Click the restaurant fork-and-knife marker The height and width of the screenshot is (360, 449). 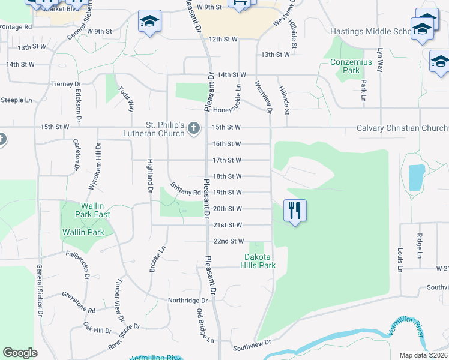pos(294,211)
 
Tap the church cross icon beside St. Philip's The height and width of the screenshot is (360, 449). pos(193,128)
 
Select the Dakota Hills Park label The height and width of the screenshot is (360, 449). pos(259,261)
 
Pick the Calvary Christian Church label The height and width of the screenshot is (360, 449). pos(402,128)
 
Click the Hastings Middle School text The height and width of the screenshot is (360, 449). pos(369,31)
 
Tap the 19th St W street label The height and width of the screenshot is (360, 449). pos(227,193)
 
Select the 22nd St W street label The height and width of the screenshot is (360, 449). pos(229,241)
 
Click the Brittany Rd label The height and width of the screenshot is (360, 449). pos(185,189)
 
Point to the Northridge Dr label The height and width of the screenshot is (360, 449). pos(187,300)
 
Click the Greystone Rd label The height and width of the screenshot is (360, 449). pos(79,303)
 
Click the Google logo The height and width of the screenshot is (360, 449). pos(20,353)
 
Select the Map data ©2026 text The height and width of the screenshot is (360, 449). pos(423,355)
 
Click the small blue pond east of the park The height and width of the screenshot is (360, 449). pos(415,176)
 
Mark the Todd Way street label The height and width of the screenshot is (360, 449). pos(127,99)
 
